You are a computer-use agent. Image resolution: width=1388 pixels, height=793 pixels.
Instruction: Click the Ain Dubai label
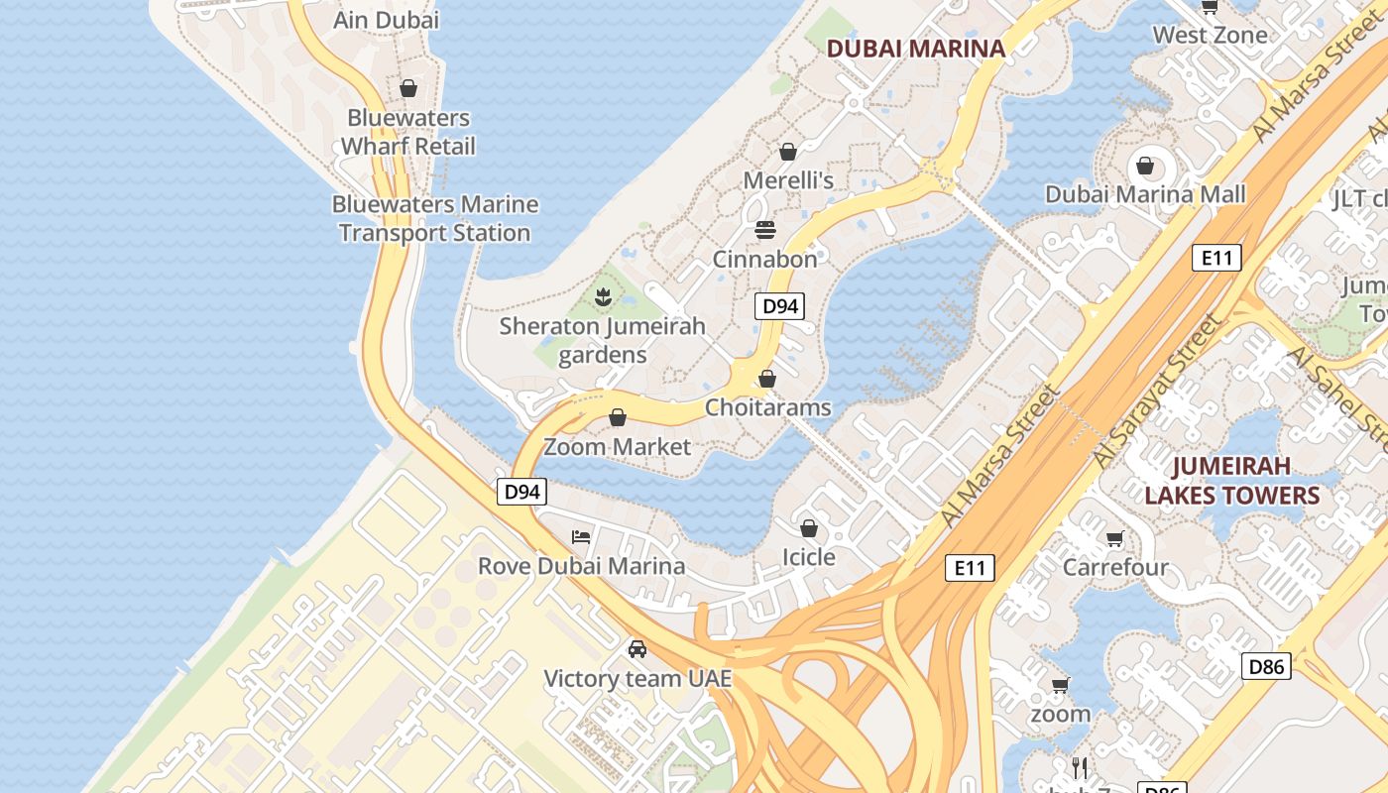[x=387, y=20]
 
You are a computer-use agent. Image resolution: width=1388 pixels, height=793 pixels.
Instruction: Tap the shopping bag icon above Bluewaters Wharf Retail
[x=408, y=88]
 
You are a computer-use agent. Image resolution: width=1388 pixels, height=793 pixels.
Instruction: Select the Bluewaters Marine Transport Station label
[x=435, y=218]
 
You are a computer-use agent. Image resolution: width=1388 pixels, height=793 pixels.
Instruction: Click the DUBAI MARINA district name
[x=915, y=48]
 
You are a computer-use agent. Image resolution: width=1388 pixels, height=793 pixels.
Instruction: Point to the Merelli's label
[x=788, y=180]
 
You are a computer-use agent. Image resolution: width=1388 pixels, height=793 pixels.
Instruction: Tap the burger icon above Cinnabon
[x=764, y=230]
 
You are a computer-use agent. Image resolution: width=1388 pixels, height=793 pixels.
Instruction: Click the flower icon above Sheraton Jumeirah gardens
[x=602, y=295]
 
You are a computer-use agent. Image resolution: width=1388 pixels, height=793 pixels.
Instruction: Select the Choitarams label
[x=767, y=407]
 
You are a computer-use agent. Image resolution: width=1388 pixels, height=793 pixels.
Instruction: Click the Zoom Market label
[x=617, y=447]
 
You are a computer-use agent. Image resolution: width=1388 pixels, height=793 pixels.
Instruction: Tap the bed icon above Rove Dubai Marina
[x=581, y=537]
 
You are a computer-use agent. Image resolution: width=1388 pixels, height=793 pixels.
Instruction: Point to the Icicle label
[x=809, y=557]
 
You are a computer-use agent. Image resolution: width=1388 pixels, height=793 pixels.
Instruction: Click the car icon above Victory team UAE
[x=637, y=649]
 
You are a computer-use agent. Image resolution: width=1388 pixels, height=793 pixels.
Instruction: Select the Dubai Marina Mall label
[x=1145, y=194]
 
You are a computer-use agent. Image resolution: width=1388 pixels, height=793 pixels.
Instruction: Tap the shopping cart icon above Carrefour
[x=1115, y=539]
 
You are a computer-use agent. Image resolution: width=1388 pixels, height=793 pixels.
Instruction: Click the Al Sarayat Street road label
[x=1158, y=394]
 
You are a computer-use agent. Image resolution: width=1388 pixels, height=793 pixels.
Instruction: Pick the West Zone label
[x=1210, y=36]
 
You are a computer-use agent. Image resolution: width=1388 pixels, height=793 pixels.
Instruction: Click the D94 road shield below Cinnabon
[x=779, y=306]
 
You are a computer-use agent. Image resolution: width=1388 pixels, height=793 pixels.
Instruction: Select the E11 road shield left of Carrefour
[x=969, y=567]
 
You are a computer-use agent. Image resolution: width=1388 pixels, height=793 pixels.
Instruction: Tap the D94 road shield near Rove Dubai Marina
[x=521, y=491]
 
